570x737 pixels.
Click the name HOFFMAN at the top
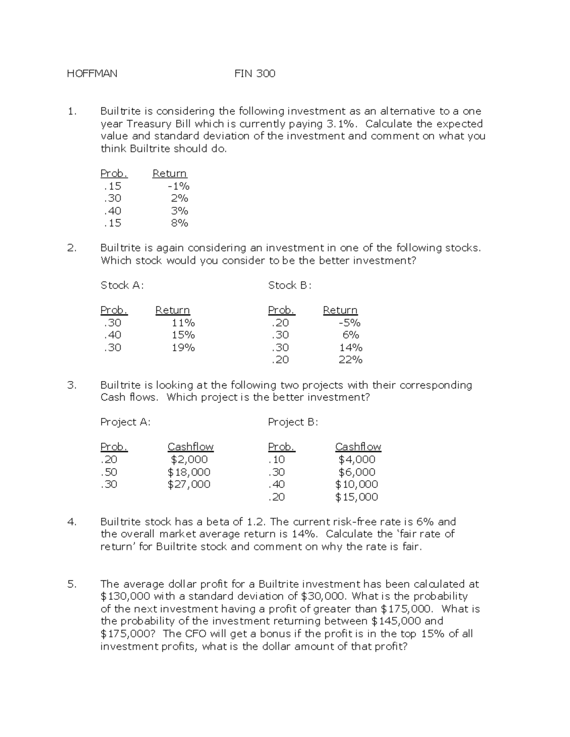(x=92, y=74)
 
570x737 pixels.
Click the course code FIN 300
(x=255, y=74)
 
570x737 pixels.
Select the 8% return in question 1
(x=180, y=223)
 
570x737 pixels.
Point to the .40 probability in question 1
(x=112, y=211)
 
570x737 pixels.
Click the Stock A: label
(x=122, y=285)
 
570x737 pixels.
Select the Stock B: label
(x=289, y=285)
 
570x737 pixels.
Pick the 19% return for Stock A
(x=183, y=347)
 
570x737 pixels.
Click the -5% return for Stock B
(x=349, y=323)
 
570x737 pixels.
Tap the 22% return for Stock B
(x=350, y=360)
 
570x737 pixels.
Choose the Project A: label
(x=125, y=422)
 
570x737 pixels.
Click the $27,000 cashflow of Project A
(x=189, y=484)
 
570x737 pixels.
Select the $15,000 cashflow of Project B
(x=356, y=497)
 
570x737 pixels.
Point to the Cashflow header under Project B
(x=358, y=447)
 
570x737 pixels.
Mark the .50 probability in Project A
(x=109, y=472)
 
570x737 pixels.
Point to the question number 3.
(x=71, y=385)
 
